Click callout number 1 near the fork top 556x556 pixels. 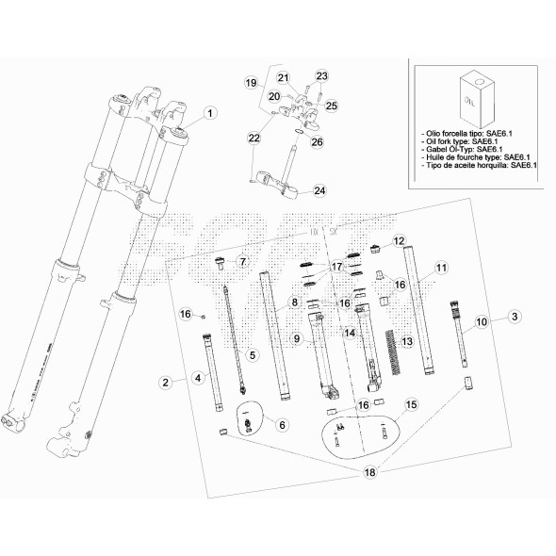pyautogui.click(x=210, y=112)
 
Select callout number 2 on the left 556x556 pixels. pyautogui.click(x=166, y=382)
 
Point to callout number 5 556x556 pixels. pyautogui.click(x=253, y=353)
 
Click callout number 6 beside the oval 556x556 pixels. pyautogui.click(x=281, y=425)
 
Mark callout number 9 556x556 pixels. pyautogui.click(x=296, y=338)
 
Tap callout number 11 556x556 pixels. pyautogui.click(x=440, y=269)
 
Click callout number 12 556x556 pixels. pyautogui.click(x=399, y=241)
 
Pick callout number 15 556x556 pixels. pyautogui.click(x=410, y=405)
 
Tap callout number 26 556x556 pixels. pyautogui.click(x=317, y=142)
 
